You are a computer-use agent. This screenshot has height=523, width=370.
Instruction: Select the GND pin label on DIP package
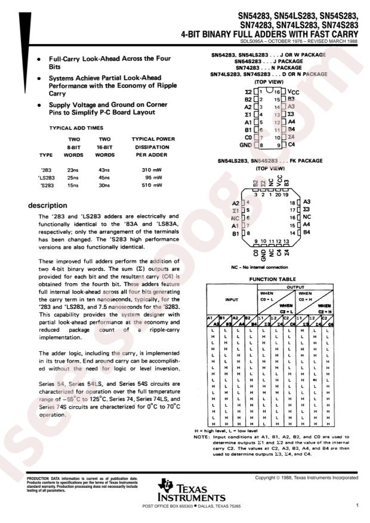coord(246,145)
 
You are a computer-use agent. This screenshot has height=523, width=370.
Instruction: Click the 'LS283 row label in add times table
coord(46,178)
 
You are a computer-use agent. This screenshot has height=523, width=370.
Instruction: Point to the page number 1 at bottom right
coord(356,506)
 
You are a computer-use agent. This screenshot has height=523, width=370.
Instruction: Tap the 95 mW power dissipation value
coord(155,178)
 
